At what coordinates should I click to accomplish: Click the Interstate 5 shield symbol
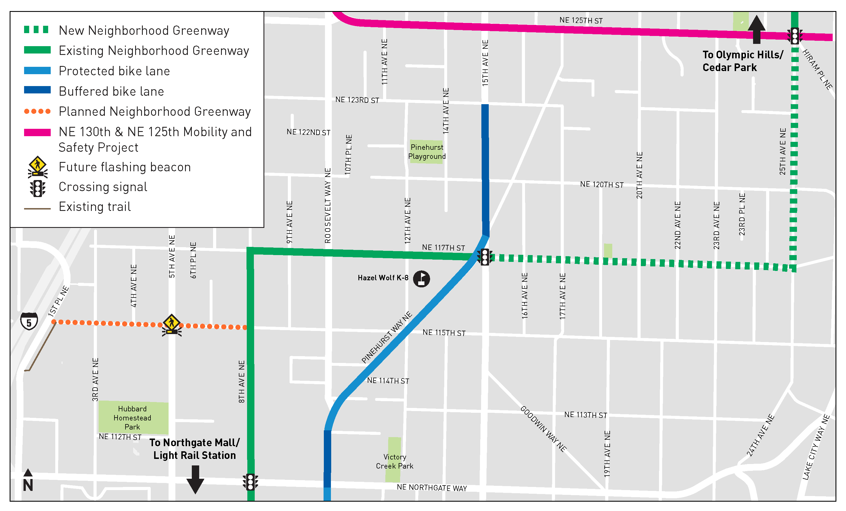pos(29,321)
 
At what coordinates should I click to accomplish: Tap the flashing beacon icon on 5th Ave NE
pos(172,325)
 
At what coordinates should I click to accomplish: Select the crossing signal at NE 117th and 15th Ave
pos(484,257)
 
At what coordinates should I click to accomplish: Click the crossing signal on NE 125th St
pos(794,36)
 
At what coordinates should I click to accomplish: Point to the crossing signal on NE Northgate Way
pos(250,482)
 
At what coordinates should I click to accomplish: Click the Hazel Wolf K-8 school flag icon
pos(421,279)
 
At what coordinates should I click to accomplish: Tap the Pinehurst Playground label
pos(427,152)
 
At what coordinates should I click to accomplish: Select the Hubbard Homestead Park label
pos(132,418)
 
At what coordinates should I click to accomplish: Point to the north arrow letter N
pos(28,485)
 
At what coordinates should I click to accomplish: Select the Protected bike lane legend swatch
pos(37,71)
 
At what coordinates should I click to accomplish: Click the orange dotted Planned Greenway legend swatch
pos(37,111)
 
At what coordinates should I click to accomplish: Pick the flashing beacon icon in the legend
pos(37,167)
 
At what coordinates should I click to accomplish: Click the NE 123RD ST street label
pos(357,100)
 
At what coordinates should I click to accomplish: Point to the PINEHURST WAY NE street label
pos(387,337)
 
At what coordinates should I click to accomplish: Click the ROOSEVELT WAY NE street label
pos(328,206)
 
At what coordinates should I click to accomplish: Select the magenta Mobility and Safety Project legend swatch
pos(37,132)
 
